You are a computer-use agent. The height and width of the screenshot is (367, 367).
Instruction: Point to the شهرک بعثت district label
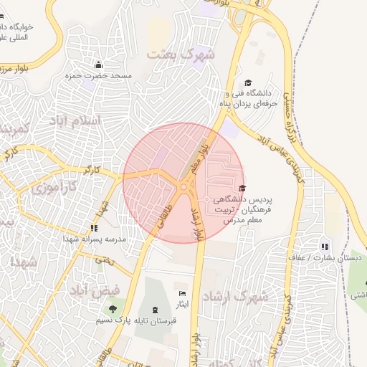pyautogui.click(x=181, y=52)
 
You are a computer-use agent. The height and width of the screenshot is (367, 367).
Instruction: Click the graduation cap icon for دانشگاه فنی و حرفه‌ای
pyautogui.click(x=249, y=83)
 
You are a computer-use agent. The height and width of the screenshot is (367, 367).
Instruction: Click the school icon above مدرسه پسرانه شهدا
pyautogui.click(x=94, y=228)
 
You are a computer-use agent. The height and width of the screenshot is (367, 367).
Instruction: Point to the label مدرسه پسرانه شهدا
pyautogui.click(x=94, y=239)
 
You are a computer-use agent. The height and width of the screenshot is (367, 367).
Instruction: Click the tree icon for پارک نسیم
pyautogui.click(x=113, y=309)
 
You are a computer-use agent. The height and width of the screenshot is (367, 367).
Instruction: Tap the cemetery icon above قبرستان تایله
pyautogui.click(x=156, y=308)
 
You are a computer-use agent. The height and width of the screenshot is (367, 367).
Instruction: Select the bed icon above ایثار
pyautogui.click(x=182, y=294)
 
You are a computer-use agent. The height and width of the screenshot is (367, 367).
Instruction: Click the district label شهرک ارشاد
pyautogui.click(x=234, y=296)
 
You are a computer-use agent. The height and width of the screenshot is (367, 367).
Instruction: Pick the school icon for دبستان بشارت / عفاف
pyautogui.click(x=325, y=247)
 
